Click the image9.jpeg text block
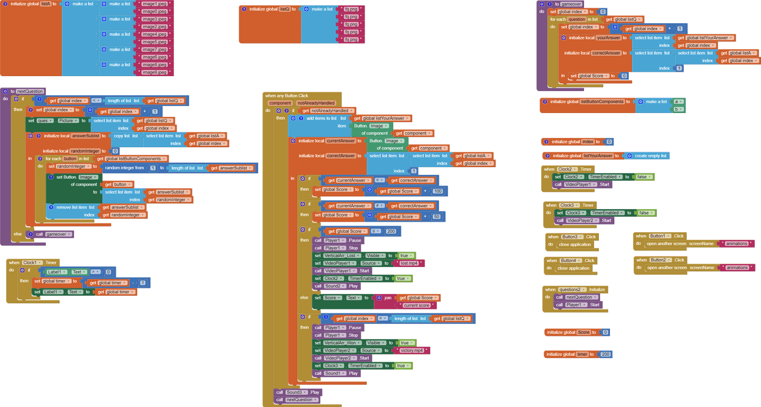155,72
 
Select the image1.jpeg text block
155,4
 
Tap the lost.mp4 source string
409,263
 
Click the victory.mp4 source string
411,350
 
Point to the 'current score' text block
416,305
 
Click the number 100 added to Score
438,191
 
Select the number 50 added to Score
437,217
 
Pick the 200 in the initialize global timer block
605,354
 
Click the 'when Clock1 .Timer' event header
33,263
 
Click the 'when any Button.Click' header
287,95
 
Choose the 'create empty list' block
651,156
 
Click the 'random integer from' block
124,168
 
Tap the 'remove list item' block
72,207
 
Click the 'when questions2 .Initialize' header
575,289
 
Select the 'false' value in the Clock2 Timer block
641,177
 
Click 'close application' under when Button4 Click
575,268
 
